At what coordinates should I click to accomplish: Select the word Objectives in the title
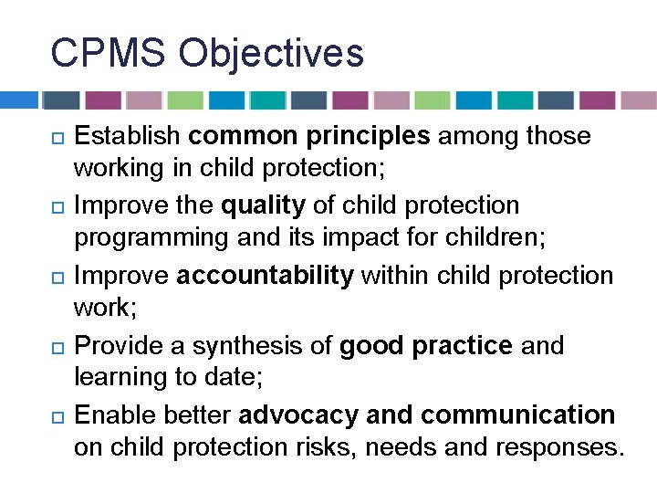click(272, 53)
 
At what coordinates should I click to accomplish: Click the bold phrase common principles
click(308, 137)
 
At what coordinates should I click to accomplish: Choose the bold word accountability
click(265, 276)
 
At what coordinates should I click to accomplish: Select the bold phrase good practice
click(425, 346)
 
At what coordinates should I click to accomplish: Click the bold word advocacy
click(298, 415)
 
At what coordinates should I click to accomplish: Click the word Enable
click(113, 415)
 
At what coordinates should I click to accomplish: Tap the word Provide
click(119, 346)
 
